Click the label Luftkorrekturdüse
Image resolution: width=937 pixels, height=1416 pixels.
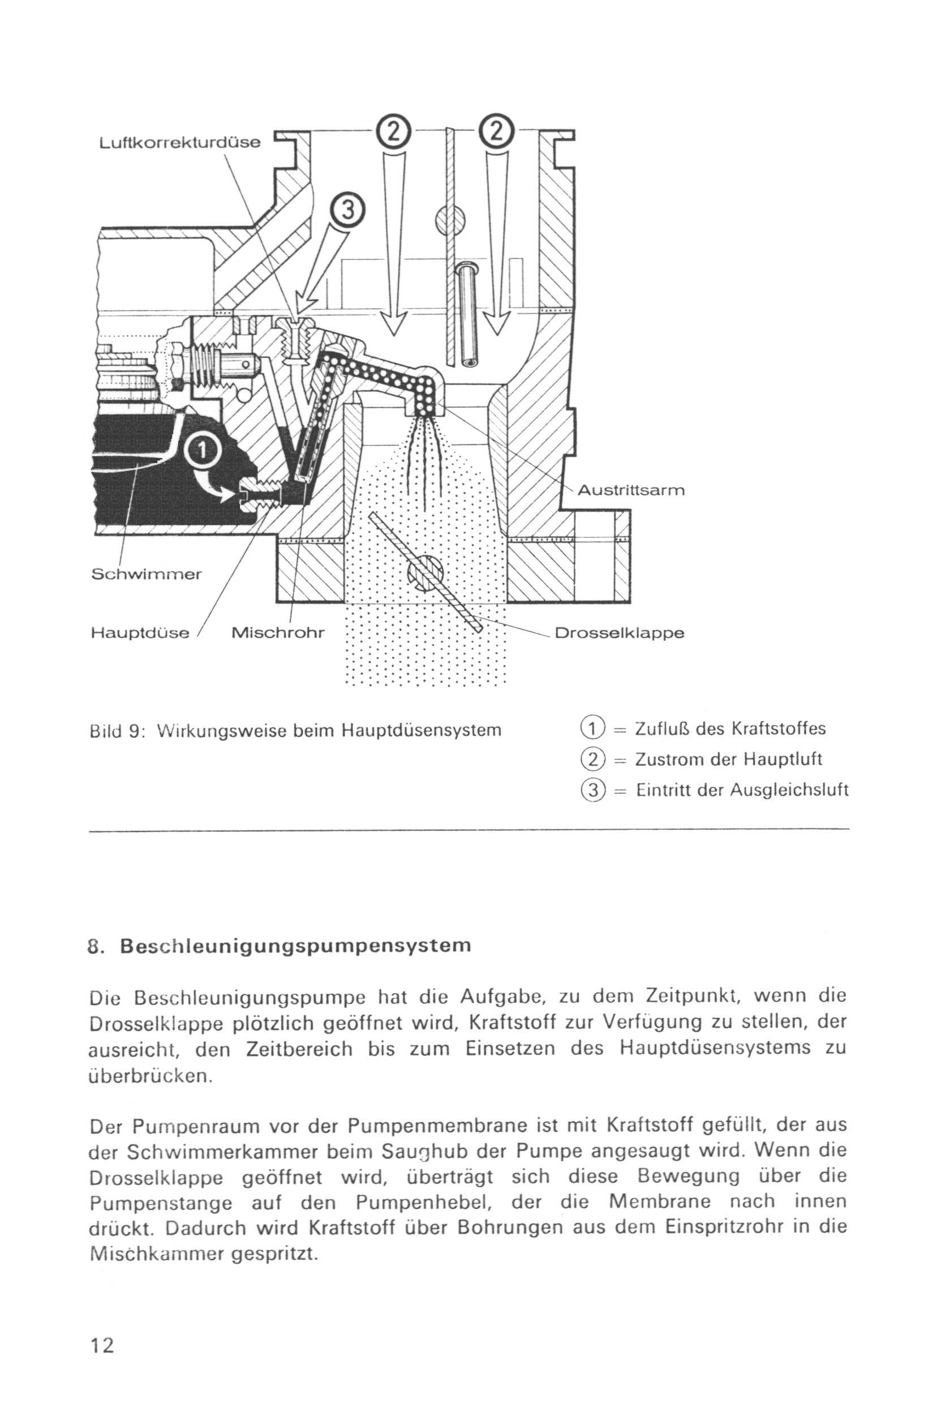180,143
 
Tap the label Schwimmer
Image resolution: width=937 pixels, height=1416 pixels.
147,575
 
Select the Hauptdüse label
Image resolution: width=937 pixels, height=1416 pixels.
140,632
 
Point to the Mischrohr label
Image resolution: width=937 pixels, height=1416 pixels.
278,632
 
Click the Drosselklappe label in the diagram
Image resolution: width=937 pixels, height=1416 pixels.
620,632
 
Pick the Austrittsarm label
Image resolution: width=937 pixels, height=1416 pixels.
631,491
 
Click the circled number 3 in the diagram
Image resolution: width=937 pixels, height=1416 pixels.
348,213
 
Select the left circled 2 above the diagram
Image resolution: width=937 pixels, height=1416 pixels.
392,131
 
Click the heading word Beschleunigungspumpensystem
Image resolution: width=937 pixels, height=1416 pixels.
295,946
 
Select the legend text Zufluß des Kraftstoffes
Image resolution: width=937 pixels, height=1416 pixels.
730,729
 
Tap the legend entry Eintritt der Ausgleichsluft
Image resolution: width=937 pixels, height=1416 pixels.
742,790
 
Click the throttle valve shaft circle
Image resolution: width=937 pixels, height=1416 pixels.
424,573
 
